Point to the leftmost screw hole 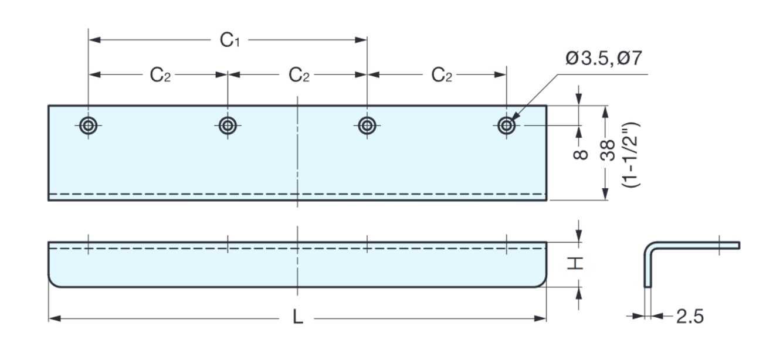89,125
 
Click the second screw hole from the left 228,125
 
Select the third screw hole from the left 367,125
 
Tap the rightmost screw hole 506,125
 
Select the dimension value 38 608,152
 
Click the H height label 579,263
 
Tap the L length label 298,319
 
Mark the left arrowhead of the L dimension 53,318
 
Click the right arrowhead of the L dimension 542,318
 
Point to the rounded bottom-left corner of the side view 54,282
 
